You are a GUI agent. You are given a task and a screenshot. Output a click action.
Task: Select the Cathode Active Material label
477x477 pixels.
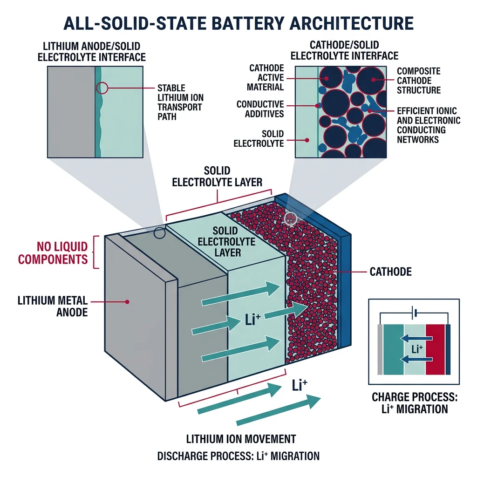click(x=266, y=78)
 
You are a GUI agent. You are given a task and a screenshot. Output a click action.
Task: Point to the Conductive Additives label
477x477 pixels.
click(x=260, y=109)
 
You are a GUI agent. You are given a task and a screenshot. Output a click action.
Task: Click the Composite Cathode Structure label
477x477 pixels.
click(x=418, y=81)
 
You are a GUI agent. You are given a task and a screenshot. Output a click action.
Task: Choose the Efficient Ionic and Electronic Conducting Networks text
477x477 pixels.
click(x=428, y=125)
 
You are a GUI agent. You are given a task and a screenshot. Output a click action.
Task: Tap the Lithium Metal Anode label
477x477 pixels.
click(x=53, y=306)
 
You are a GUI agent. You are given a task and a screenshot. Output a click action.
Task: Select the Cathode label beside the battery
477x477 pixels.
click(x=390, y=271)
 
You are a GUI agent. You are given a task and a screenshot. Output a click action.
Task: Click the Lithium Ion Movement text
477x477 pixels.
click(x=241, y=439)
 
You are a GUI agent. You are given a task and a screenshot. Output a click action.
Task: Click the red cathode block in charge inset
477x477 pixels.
click(x=435, y=349)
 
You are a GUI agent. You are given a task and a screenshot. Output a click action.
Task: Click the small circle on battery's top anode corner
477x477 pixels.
click(x=159, y=233)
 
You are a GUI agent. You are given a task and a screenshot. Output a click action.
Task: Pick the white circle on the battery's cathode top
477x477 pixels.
click(x=291, y=218)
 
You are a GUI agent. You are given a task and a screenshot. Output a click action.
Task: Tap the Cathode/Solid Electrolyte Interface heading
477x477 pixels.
click(x=344, y=51)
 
